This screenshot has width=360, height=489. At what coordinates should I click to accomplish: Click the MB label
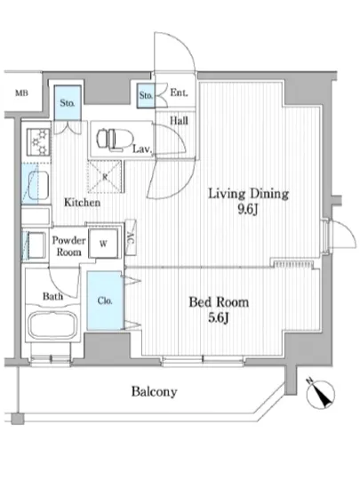[x=21, y=93]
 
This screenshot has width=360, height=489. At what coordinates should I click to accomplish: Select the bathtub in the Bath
[x=52, y=325]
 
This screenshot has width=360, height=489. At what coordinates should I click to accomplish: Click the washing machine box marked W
[x=103, y=244]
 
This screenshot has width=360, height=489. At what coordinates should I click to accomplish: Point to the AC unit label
[x=131, y=238]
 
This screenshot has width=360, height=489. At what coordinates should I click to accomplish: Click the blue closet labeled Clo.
[x=104, y=301]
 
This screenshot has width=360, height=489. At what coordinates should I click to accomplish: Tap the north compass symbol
[x=321, y=394]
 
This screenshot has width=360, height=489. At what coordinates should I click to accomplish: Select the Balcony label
[x=155, y=392]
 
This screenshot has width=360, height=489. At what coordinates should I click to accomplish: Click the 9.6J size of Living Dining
[x=248, y=210]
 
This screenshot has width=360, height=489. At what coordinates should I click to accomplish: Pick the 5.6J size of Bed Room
[x=219, y=318]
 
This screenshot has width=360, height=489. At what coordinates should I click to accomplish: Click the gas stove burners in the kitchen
[x=38, y=142]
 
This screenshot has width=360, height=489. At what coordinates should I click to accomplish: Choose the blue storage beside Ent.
[x=146, y=96]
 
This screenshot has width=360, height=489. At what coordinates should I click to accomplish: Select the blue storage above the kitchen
[x=68, y=103]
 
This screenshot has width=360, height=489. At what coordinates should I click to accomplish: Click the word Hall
[x=179, y=120]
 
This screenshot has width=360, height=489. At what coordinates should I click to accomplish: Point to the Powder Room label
[x=68, y=246]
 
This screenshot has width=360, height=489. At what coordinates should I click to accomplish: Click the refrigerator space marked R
[x=105, y=177]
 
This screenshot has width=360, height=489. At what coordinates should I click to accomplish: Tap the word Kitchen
[x=83, y=203]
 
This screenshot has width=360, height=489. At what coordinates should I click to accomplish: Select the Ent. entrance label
[x=179, y=92]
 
